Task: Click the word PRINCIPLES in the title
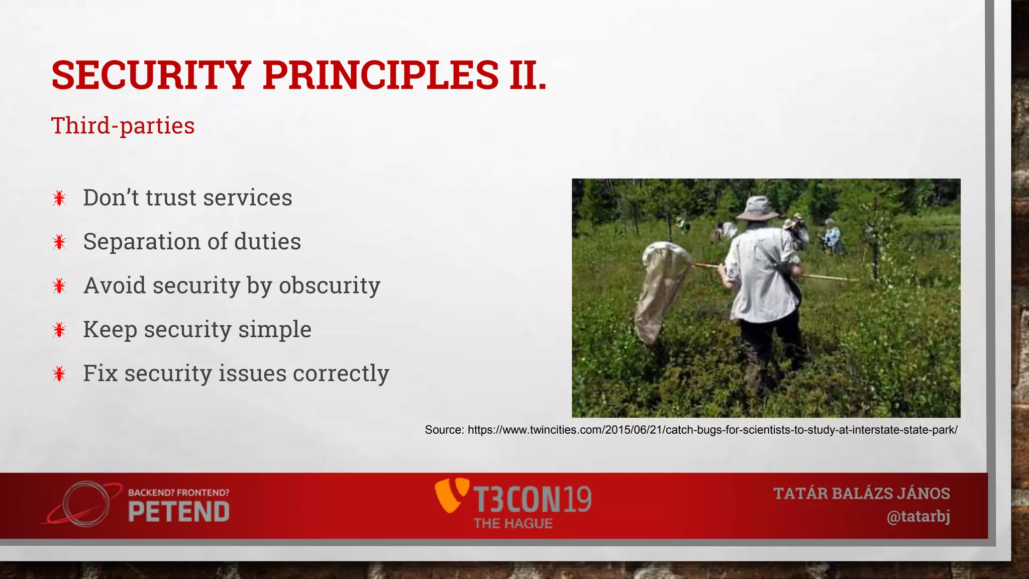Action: pos(380,75)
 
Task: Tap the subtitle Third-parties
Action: pos(123,126)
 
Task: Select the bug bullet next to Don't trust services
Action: pos(59,198)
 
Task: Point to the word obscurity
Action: pos(330,286)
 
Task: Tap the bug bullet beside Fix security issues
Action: pos(59,374)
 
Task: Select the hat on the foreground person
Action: pos(757,208)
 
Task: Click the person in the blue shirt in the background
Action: pos(832,235)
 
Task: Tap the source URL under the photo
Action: pos(712,430)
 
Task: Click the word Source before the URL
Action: pos(444,430)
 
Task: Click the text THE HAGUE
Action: pos(513,524)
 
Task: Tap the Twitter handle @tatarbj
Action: pos(918,517)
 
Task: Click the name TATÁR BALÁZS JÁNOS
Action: pos(862,494)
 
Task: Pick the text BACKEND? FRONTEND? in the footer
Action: pos(179,493)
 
